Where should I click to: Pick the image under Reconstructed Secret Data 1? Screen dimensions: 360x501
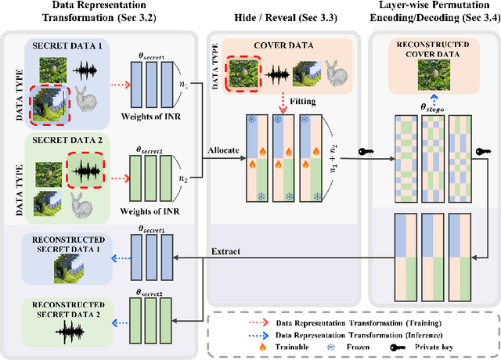coord(70,270)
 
